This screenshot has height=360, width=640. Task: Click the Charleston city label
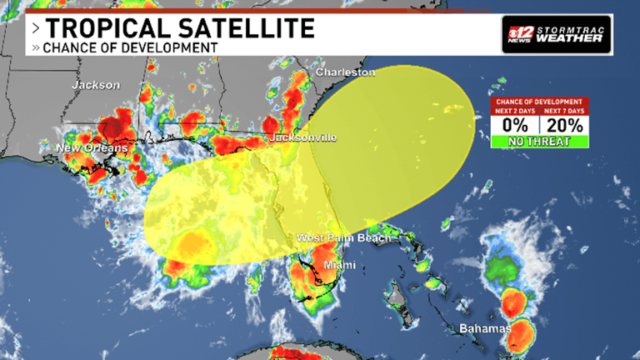(345, 72)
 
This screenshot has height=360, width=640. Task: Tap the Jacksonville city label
(302, 137)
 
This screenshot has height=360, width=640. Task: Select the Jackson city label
(97, 85)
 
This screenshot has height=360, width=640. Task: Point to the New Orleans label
(92, 148)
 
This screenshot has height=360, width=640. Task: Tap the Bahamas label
(484, 328)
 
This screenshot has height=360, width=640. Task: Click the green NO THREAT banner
(539, 142)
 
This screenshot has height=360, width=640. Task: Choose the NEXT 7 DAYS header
(564, 110)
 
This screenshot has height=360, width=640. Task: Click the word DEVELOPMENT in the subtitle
(171, 47)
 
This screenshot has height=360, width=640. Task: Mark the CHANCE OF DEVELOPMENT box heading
(539, 101)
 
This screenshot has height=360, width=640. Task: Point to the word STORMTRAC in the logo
(572, 28)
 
